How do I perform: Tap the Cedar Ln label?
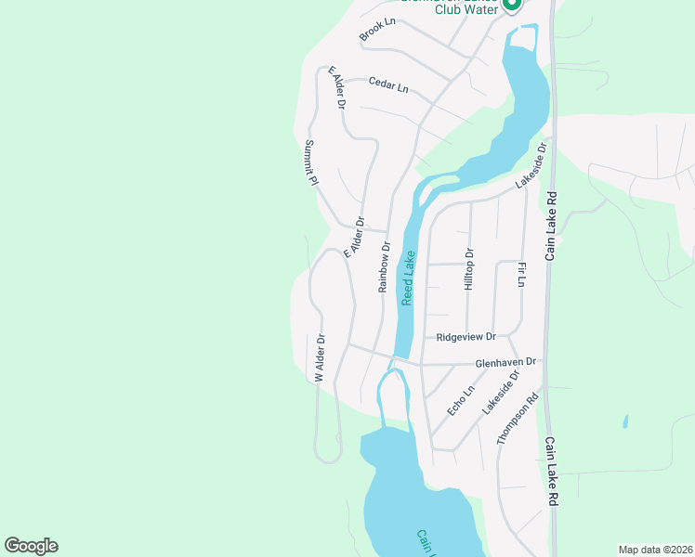[387, 84]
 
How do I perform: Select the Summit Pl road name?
[312, 162]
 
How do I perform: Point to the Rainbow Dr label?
[384, 267]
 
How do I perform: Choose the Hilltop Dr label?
[469, 270]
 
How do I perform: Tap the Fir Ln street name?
[522, 275]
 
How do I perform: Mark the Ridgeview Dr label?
[466, 337]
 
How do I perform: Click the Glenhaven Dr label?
[505, 362]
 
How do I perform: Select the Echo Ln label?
[454, 401]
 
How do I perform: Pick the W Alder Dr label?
[320, 358]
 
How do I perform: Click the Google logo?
[31, 546]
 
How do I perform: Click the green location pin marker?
[511, 6]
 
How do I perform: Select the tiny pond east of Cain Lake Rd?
[625, 421]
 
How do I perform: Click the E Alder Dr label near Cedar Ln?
[334, 89]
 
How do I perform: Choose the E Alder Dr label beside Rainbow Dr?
[353, 238]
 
